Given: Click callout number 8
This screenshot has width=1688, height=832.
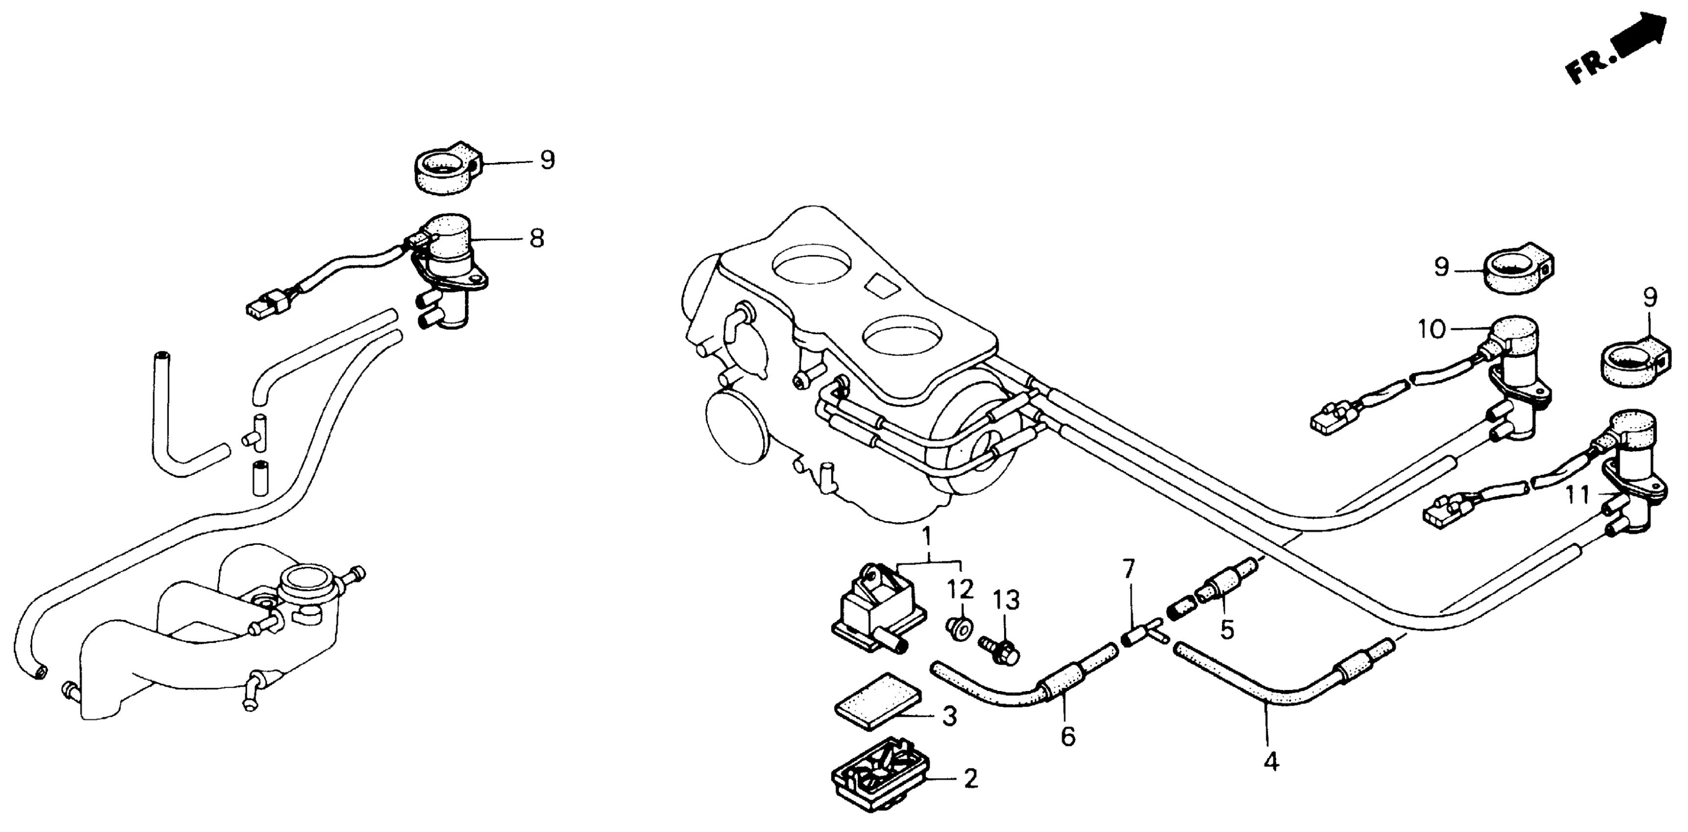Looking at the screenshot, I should (x=537, y=238).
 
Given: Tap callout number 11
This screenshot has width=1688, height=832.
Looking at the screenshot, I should (x=1577, y=495).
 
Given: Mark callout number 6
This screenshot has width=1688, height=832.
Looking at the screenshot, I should (x=1067, y=737).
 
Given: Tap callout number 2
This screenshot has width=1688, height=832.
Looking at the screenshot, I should (x=970, y=778).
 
